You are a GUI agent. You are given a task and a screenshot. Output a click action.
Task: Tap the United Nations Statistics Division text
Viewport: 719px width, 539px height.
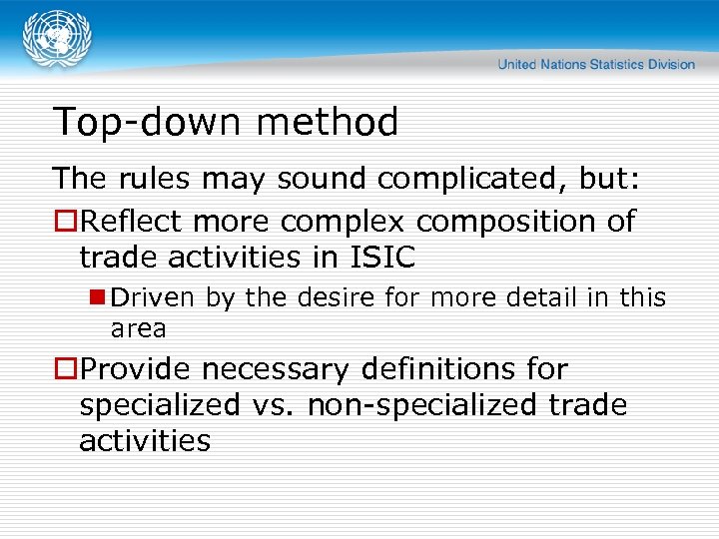coord(596,64)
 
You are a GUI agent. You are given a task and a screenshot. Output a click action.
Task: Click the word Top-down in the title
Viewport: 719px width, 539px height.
coord(150,122)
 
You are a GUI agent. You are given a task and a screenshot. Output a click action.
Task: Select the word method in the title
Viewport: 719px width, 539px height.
coord(328,122)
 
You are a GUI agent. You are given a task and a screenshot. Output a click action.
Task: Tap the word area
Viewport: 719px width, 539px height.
coord(138,327)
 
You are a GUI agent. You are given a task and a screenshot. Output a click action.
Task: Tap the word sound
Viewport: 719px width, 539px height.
coord(324,179)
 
